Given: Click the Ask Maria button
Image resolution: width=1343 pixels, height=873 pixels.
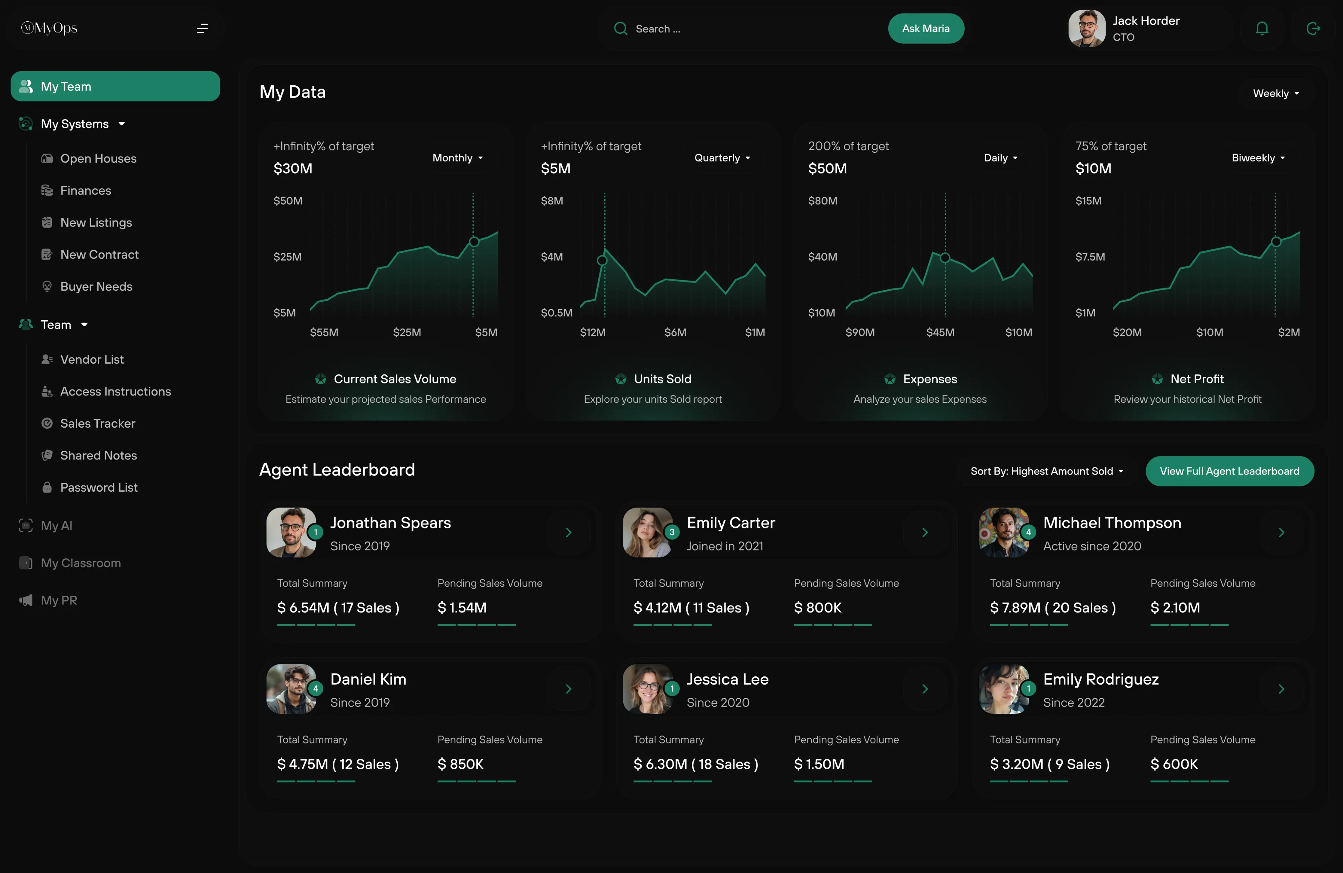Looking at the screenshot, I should pyautogui.click(x=925, y=28).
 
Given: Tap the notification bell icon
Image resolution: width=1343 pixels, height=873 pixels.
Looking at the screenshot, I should pyautogui.click(x=1262, y=28).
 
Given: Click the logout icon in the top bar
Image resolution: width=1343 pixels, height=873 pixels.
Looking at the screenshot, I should pyautogui.click(x=1313, y=28).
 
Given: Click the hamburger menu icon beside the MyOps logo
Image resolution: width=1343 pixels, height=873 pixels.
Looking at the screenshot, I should pyautogui.click(x=202, y=28).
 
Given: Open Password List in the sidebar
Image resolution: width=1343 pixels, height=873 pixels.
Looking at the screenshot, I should pyautogui.click(x=99, y=487).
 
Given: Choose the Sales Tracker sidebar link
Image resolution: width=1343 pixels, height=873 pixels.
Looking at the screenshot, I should pyautogui.click(x=98, y=423).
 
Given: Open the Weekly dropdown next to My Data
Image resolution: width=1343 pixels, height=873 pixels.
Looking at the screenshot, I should pyautogui.click(x=1275, y=93).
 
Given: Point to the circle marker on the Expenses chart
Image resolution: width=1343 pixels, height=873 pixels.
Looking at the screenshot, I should pyautogui.click(x=945, y=258).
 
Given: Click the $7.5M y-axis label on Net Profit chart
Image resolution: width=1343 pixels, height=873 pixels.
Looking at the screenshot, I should pyautogui.click(x=1090, y=257).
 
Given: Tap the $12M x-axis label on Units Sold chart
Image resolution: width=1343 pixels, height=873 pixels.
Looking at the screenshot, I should pyautogui.click(x=592, y=332).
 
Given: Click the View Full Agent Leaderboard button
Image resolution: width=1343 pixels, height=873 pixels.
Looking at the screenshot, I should pyautogui.click(x=1229, y=471).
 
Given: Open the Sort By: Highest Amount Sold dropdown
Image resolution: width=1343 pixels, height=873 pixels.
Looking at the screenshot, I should pyautogui.click(x=1047, y=471).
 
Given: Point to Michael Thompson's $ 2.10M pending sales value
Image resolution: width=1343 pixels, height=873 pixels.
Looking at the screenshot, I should pyautogui.click(x=1175, y=607).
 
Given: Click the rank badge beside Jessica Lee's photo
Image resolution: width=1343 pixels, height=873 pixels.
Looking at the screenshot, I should pyautogui.click(x=671, y=688).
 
